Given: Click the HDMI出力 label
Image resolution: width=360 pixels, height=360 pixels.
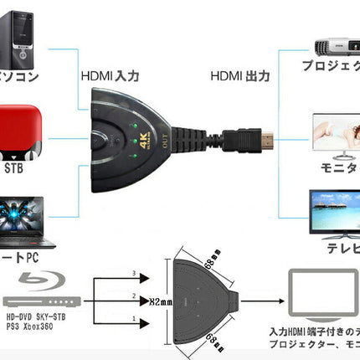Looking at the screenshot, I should coord(239,75).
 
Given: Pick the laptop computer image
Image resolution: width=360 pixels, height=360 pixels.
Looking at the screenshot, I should coord(23,220).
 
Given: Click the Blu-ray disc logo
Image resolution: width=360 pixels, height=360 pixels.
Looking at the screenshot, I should coord(25,280).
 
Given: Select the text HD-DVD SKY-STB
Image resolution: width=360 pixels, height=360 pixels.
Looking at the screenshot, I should coord(36,318).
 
